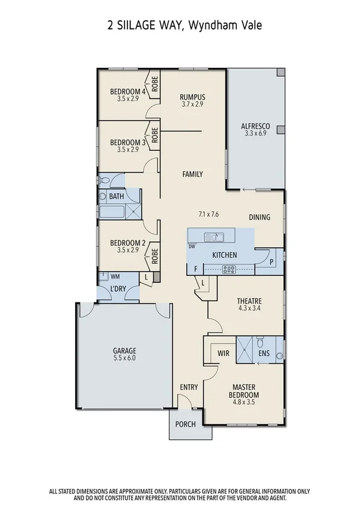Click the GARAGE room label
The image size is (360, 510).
click(x=124, y=351)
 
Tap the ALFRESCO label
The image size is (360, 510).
click(x=255, y=126)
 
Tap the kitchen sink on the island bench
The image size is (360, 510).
click(x=212, y=236)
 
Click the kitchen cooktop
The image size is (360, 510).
click(x=229, y=269)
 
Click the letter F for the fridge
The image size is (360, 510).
click(x=195, y=269)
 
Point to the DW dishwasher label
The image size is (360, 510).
click(x=192, y=247)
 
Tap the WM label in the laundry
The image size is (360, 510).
click(x=115, y=276)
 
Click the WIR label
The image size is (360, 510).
click(x=224, y=354)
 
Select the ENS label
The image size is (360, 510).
click(x=263, y=354)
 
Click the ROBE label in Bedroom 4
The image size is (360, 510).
click(x=154, y=85)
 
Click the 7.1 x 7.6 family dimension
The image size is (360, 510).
click(x=209, y=214)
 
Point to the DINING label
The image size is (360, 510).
click(x=260, y=217)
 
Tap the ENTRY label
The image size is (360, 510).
click(x=189, y=387)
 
